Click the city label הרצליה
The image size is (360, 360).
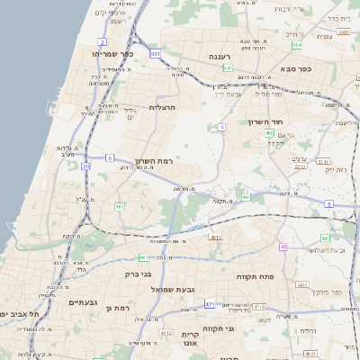click(x=162, y=107)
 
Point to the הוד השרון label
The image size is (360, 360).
click(x=266, y=121)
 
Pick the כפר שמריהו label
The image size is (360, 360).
click(x=110, y=54)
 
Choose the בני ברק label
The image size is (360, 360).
click(x=138, y=274)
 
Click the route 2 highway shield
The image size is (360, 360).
click(x=103, y=42)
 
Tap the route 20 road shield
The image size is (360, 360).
click(x=86, y=166)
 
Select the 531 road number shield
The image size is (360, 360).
click(x=155, y=54)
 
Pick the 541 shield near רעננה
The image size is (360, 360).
click(x=229, y=67)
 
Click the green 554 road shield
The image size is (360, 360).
click(x=296, y=44)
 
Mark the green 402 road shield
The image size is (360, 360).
click(x=269, y=132)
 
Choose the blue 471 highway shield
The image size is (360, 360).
click(x=209, y=304)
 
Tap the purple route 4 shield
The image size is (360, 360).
click(x=221, y=127)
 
